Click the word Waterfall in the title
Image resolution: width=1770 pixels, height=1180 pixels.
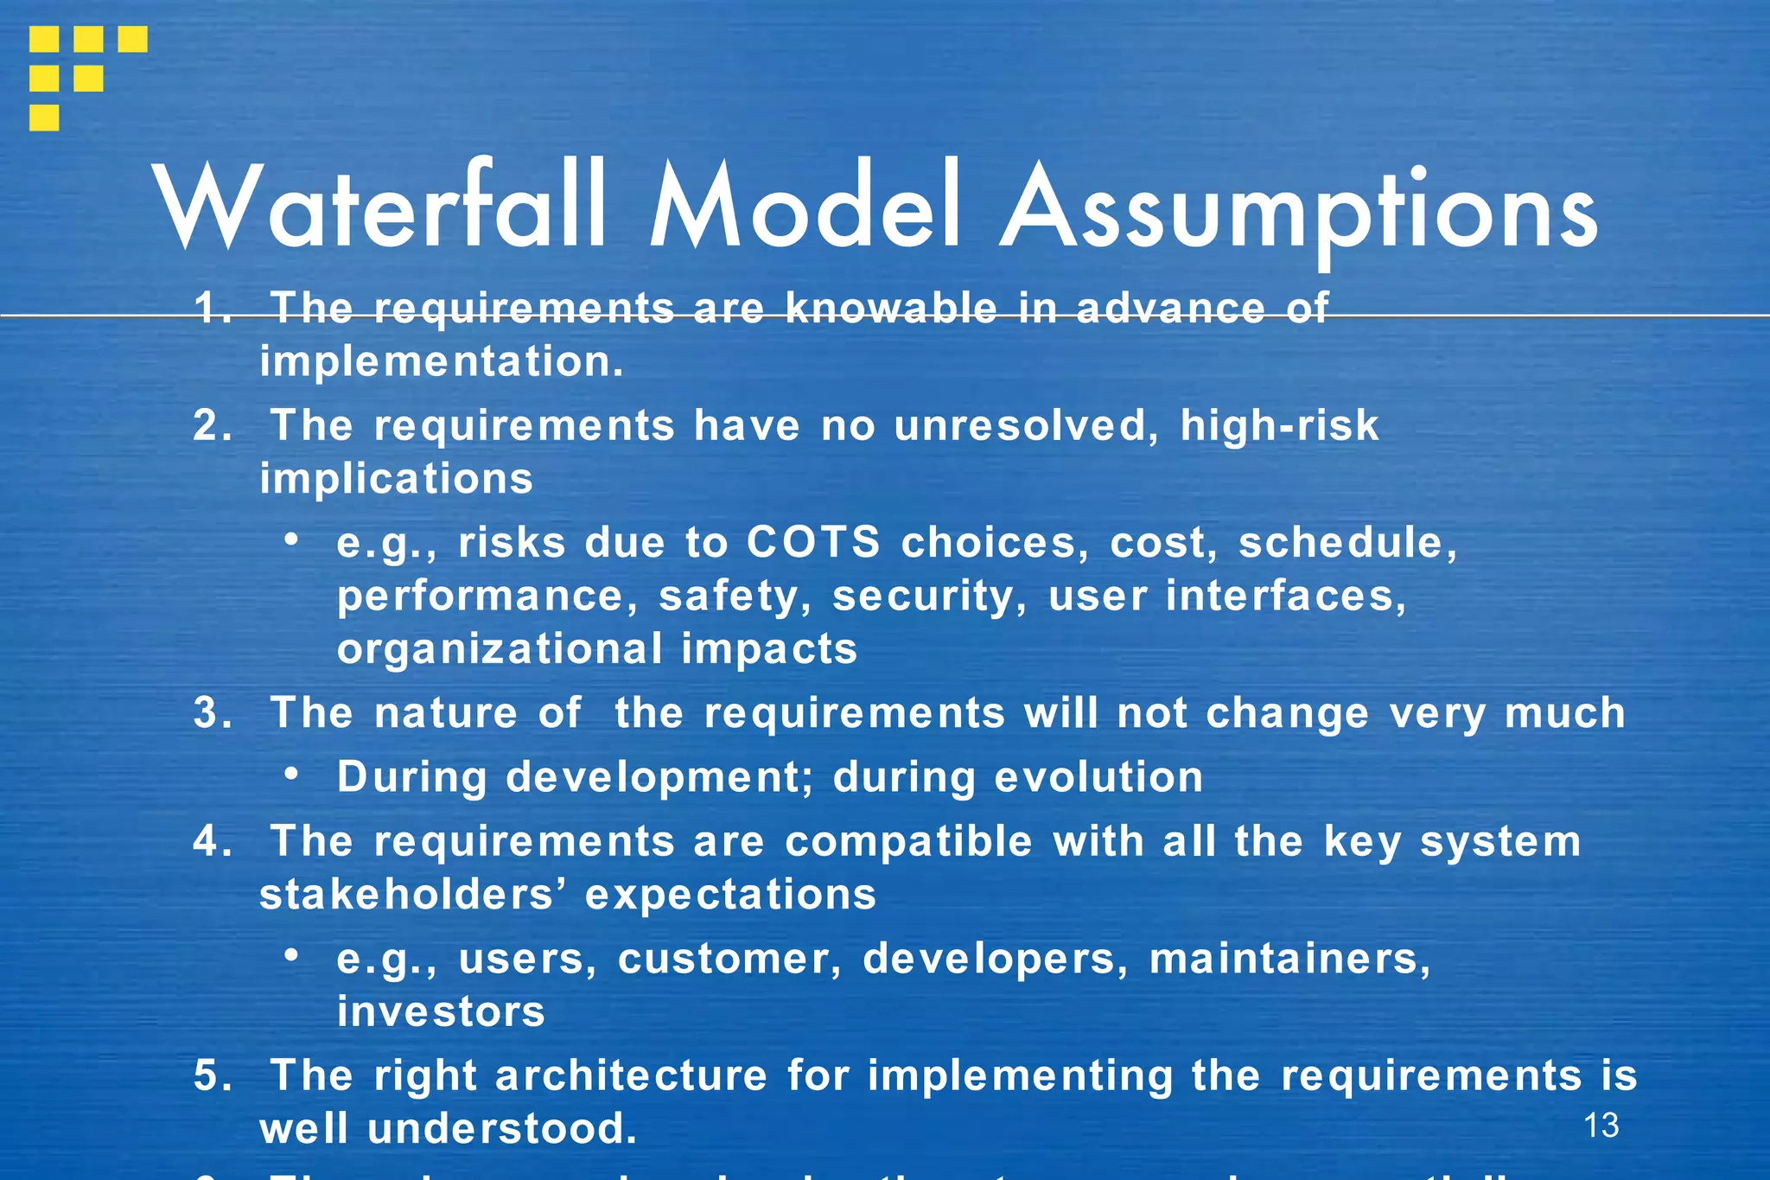pos(380,207)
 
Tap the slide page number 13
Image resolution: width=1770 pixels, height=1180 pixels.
pos(1601,1126)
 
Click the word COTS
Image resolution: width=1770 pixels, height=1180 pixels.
pos(812,543)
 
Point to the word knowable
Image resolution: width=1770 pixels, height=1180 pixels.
pos(891,309)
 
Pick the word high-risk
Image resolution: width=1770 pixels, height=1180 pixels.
pos(1279,426)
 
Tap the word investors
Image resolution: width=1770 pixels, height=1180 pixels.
pos(441,1012)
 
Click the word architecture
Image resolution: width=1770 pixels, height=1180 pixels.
pos(631,1076)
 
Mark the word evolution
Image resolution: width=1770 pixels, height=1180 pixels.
pos(1098,777)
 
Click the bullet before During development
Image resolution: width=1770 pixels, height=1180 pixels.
pos(292,775)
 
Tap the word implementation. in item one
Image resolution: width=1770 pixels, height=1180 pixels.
pos(441,362)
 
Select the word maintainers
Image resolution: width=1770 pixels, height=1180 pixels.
pos(1289,960)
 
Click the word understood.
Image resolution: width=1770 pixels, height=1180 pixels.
pos(502,1129)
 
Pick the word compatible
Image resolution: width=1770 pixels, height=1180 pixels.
pos(908,842)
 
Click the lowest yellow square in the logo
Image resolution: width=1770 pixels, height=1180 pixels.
pos(44,118)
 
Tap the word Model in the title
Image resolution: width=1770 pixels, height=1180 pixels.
pos(804,207)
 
